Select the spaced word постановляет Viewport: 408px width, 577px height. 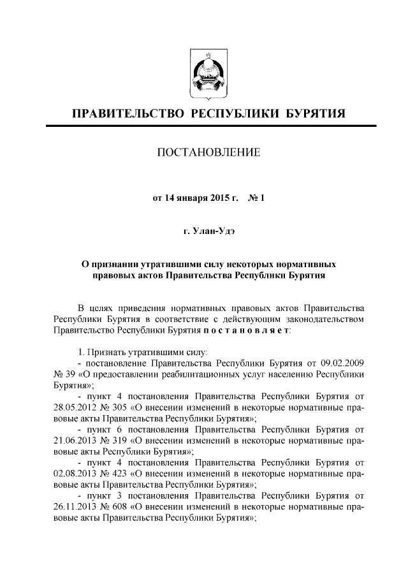(247, 332)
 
